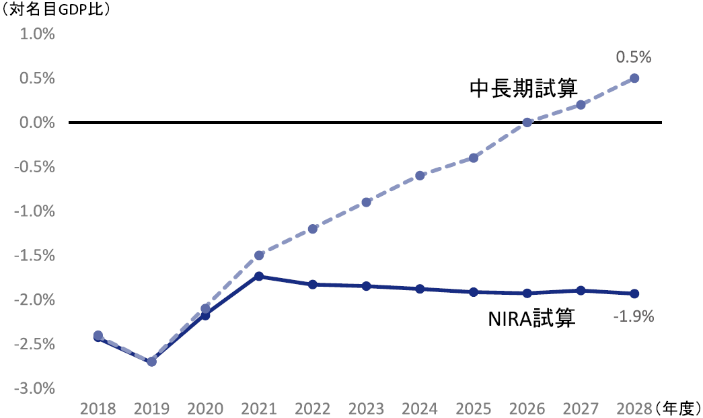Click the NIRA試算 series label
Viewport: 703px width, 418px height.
tap(531, 318)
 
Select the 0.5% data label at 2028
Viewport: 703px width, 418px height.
tap(634, 58)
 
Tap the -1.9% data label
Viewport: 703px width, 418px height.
tap(634, 316)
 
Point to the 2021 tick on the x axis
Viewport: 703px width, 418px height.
tap(259, 409)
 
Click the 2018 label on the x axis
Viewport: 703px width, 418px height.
tap(98, 409)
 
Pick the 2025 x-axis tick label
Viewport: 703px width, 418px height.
tap(474, 409)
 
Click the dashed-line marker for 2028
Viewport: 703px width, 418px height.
tap(634, 78)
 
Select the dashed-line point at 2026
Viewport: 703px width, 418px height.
tap(527, 123)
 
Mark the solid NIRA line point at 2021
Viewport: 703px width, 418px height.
tap(259, 277)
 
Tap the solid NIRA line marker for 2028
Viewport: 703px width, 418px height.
tap(634, 293)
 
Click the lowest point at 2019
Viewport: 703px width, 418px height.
tap(151, 361)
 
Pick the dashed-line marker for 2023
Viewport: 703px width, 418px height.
tap(366, 202)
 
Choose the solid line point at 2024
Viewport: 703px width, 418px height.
tap(420, 289)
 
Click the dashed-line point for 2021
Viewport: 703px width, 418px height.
tap(259, 255)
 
